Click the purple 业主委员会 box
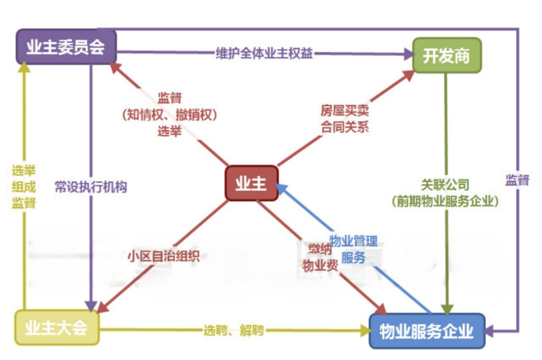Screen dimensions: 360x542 66,47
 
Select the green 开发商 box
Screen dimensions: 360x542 446,55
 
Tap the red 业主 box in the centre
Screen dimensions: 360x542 252,183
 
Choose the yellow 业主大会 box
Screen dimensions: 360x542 56,328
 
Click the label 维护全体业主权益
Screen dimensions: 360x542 264,54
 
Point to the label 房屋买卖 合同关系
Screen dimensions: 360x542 344,119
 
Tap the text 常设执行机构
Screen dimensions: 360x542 91,187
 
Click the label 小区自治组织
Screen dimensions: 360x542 163,256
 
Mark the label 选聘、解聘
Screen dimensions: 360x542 234,330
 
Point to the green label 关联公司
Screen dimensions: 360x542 445,185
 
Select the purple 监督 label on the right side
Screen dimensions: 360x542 517,180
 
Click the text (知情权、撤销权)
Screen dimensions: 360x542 170,115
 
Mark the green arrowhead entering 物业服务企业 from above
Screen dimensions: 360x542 447,309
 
